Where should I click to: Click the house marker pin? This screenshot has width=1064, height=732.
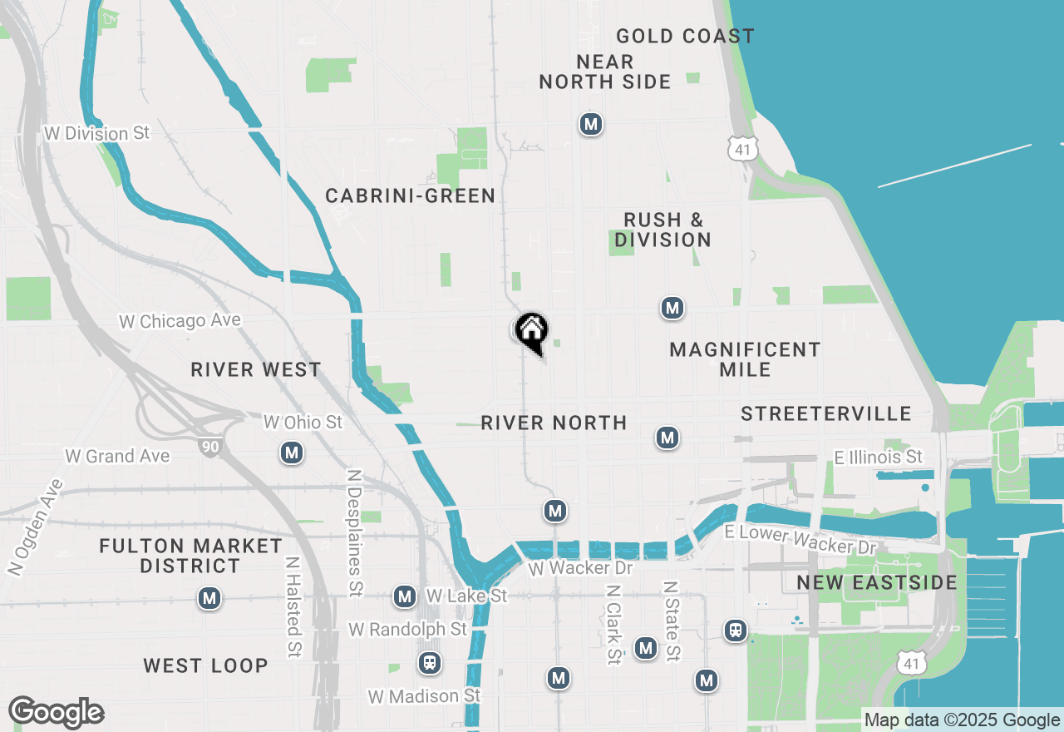(x=531, y=332)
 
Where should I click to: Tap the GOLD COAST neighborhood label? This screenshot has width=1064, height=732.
(x=685, y=37)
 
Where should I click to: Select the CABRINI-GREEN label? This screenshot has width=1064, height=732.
(x=411, y=196)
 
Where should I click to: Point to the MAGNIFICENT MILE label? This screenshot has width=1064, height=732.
(x=745, y=359)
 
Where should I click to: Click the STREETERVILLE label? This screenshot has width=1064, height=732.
(x=826, y=414)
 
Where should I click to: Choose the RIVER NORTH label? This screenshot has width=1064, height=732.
(x=554, y=423)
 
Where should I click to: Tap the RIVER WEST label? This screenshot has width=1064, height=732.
(x=256, y=370)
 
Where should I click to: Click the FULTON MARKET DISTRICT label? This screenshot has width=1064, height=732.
(x=191, y=556)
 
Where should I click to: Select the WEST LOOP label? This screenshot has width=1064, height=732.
(x=205, y=666)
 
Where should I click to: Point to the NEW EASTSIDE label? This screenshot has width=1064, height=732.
(x=877, y=582)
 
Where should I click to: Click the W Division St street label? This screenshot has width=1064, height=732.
(x=97, y=134)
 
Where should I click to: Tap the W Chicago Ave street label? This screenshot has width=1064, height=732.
(x=180, y=321)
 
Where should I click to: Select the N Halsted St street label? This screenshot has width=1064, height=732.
(x=292, y=607)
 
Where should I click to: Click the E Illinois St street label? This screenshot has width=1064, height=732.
(x=879, y=457)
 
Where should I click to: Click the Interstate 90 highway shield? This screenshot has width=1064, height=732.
(x=210, y=448)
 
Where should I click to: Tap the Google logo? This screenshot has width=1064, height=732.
(x=57, y=713)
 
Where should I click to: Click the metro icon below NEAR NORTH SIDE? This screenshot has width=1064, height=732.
(x=590, y=125)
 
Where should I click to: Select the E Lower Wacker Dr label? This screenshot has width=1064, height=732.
(x=800, y=540)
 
